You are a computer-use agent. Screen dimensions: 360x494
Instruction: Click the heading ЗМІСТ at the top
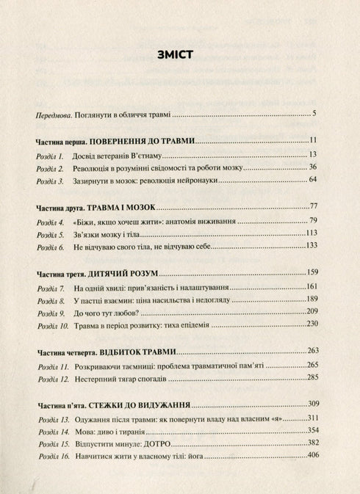coord(179,54)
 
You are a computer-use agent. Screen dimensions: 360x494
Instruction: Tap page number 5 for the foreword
coord(314,114)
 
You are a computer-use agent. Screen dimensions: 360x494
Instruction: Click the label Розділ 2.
coord(51,168)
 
